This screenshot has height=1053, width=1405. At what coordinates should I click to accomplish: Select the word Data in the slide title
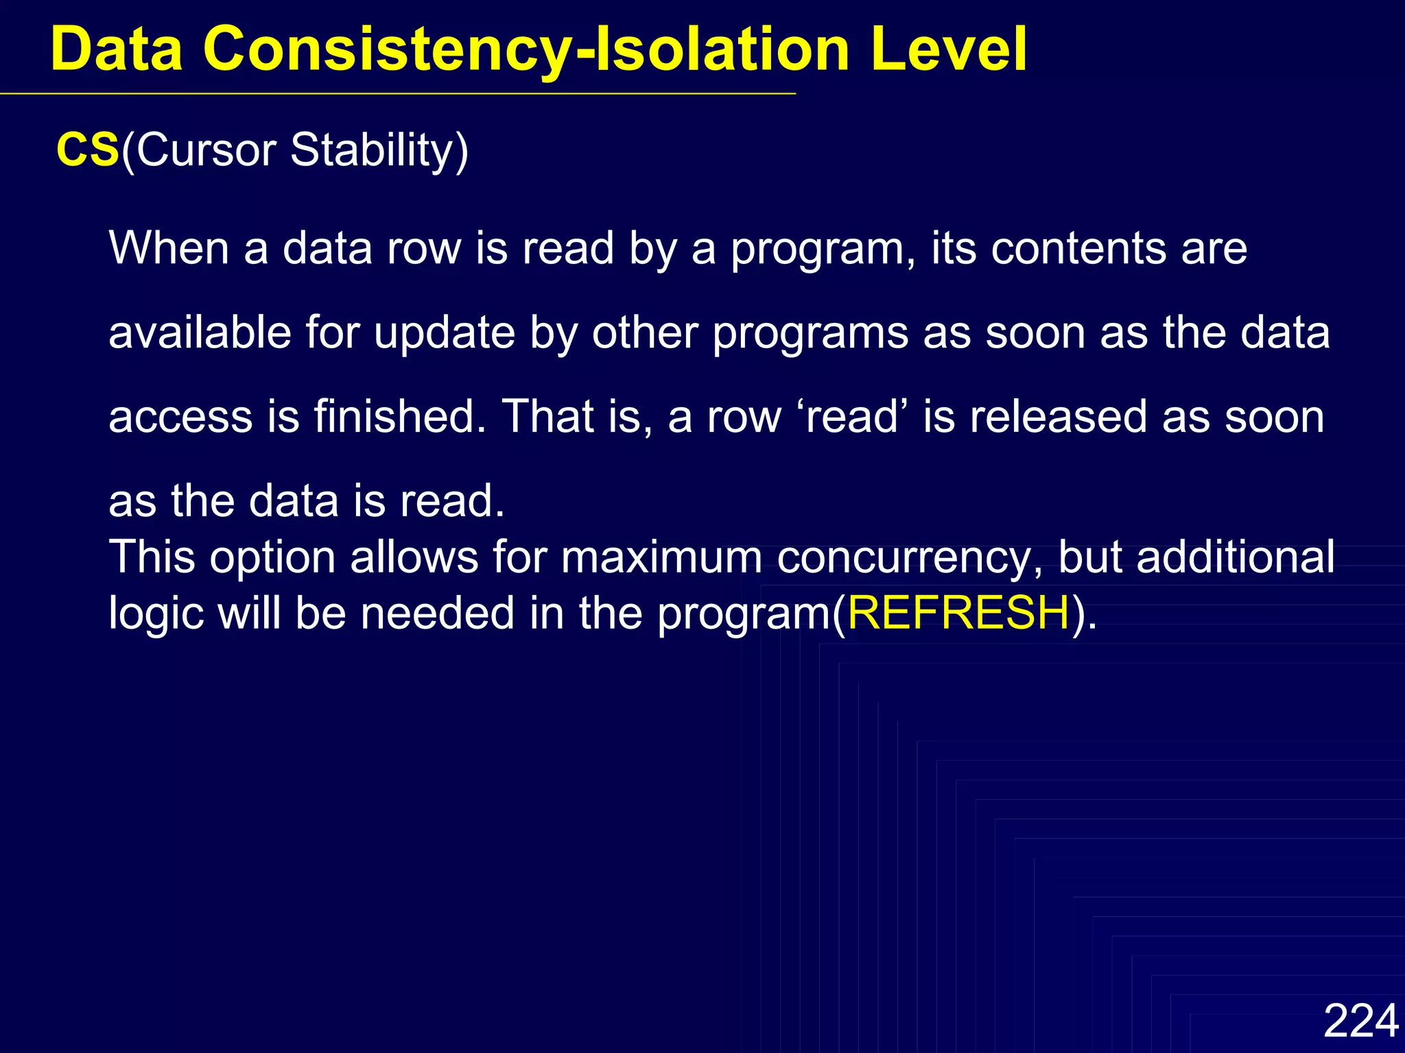117,49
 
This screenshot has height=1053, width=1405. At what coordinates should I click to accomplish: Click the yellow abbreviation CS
88,149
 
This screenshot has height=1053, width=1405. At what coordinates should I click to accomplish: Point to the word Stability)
379,149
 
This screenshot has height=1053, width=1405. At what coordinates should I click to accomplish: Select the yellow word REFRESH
958,612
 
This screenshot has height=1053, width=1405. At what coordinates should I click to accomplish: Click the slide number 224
1360,1021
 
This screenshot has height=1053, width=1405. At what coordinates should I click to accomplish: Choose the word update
444,332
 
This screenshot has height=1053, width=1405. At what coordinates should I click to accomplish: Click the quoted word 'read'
851,417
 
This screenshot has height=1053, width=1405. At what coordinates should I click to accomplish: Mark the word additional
1236,557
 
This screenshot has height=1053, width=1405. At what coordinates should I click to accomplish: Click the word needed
437,612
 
